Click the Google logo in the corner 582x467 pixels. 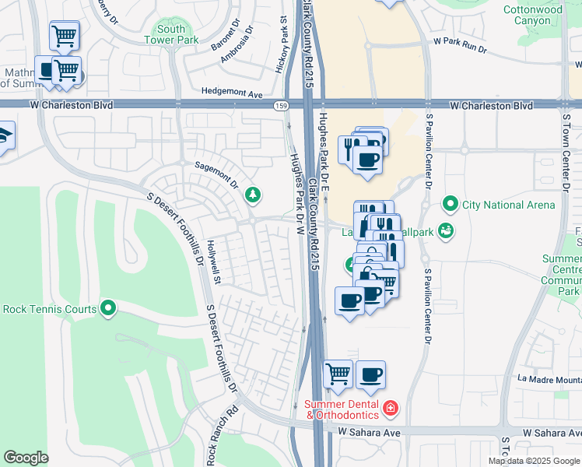(26, 458)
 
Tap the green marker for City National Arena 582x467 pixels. (449, 205)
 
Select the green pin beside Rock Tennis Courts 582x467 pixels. (108, 309)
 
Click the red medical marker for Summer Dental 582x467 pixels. (390, 407)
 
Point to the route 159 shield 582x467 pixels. (279, 105)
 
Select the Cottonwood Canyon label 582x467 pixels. (553, 15)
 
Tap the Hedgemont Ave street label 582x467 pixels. (232, 91)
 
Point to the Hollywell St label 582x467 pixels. (214, 262)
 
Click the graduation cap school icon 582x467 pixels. (4, 135)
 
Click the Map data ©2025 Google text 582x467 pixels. (533, 460)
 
